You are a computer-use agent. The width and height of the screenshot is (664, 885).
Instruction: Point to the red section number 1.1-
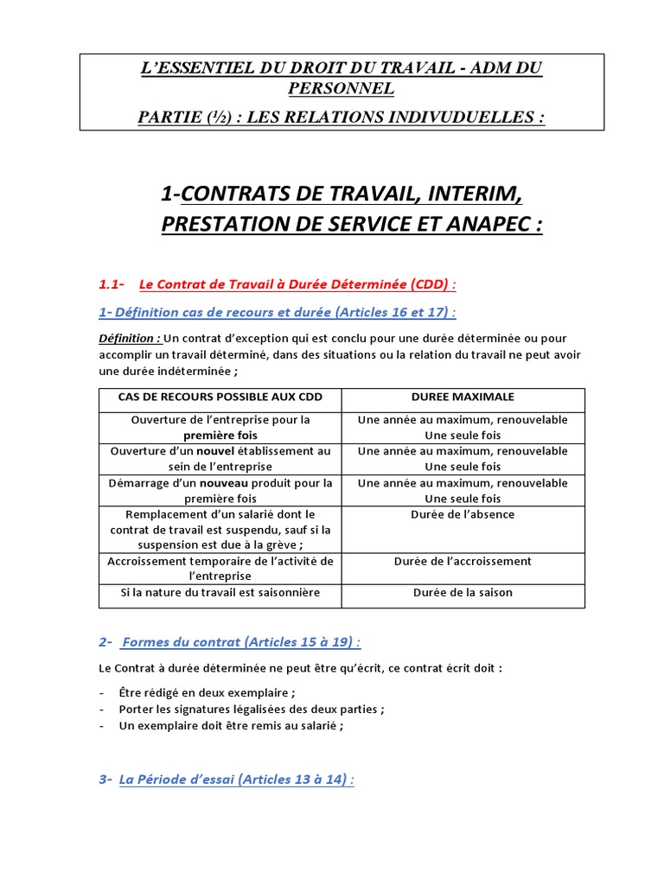click(112, 284)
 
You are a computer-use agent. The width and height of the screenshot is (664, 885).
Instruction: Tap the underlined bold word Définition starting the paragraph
click(128, 338)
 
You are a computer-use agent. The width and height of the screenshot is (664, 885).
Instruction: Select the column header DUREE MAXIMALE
click(463, 397)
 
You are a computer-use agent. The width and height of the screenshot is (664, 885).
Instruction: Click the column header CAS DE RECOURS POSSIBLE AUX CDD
click(220, 397)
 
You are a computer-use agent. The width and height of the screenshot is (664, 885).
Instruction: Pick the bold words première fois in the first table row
click(220, 436)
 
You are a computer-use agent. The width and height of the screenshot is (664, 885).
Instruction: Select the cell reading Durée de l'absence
click(463, 514)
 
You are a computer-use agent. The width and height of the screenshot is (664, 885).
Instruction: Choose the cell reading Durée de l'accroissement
click(463, 561)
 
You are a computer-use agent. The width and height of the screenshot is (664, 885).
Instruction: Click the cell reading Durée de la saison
click(463, 592)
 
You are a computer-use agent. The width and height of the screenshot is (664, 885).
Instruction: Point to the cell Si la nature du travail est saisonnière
click(220, 592)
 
